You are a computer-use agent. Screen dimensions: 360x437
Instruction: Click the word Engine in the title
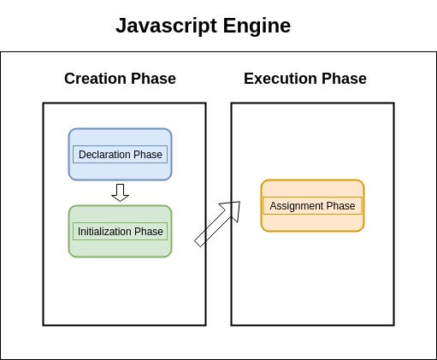(254, 27)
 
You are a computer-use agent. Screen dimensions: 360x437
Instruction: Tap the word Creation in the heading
(97, 80)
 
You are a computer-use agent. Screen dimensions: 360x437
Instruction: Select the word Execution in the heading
(281, 80)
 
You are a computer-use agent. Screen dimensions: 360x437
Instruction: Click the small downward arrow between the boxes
(120, 192)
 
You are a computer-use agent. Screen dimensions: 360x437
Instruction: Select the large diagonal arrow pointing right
(217, 224)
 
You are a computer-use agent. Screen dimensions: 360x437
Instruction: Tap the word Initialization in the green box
(106, 232)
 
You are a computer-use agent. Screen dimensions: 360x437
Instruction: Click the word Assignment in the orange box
(296, 206)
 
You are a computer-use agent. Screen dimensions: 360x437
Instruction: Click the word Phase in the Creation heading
(155, 80)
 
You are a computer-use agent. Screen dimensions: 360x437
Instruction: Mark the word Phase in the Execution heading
(344, 80)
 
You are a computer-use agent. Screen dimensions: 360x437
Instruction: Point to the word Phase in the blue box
(148, 155)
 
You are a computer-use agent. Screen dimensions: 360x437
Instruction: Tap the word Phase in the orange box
(340, 206)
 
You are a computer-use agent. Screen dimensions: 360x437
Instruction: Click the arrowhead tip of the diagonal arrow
(239, 203)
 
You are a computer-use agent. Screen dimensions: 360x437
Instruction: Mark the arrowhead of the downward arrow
(120, 198)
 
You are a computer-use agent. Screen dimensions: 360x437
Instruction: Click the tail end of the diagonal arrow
(199, 242)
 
